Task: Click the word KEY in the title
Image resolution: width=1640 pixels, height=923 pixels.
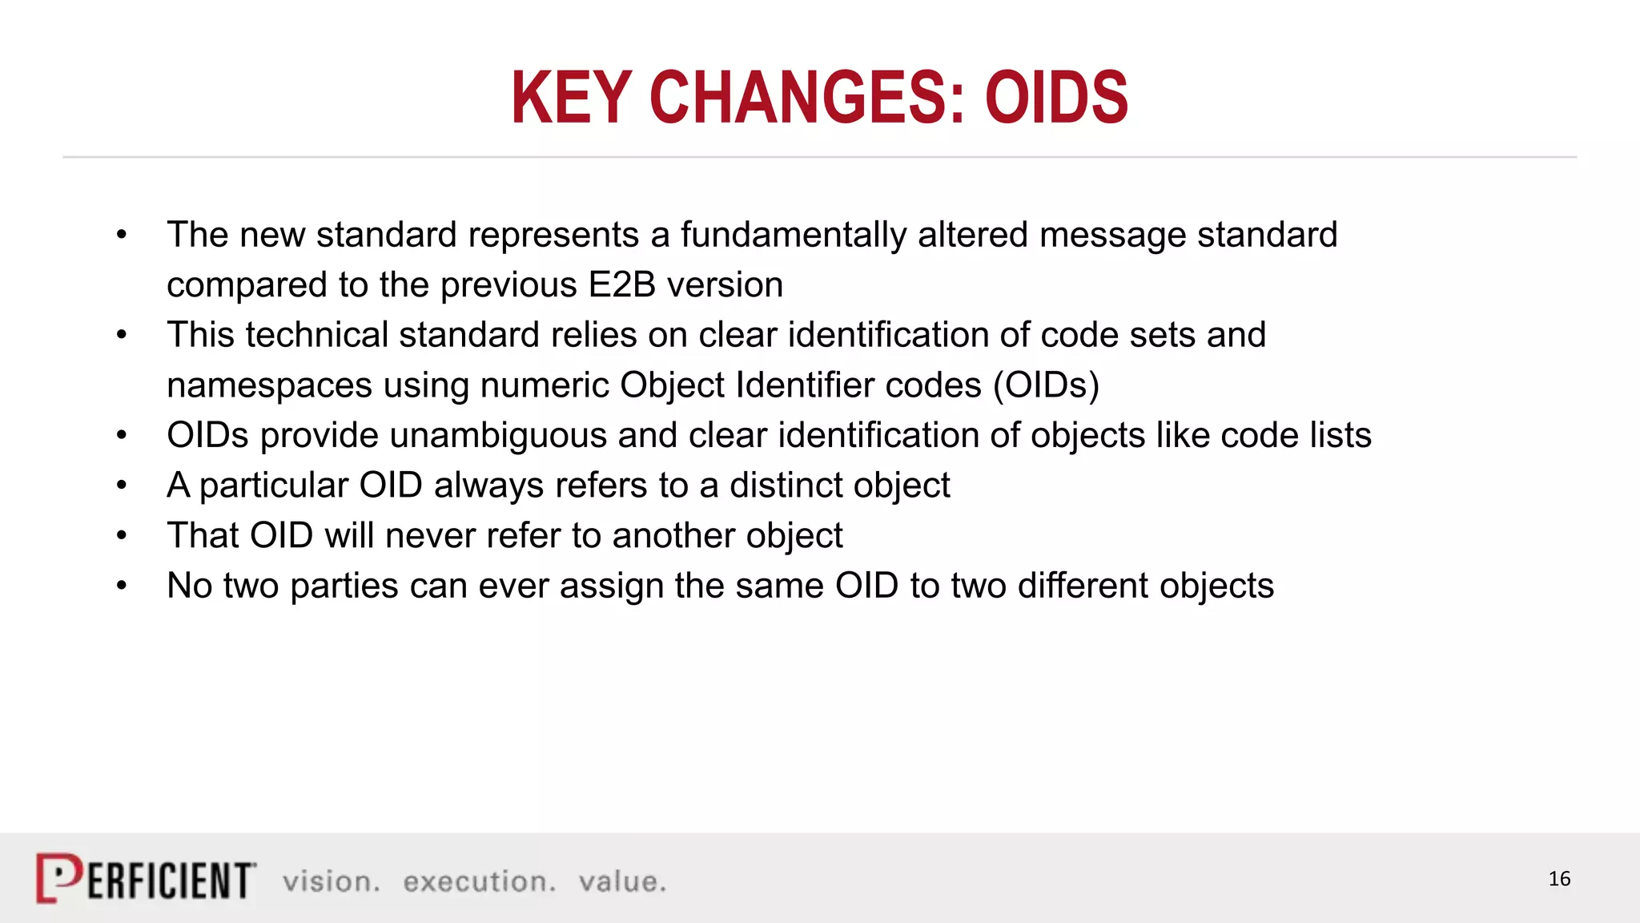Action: pyautogui.click(x=570, y=98)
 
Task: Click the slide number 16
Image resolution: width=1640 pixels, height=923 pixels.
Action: pyautogui.click(x=1558, y=879)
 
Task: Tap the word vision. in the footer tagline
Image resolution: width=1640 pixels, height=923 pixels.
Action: pyautogui.click(x=331, y=881)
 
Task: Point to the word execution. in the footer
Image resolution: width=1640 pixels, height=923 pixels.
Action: pyautogui.click(x=479, y=881)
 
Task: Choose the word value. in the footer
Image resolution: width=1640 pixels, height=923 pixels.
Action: pyautogui.click(x=622, y=881)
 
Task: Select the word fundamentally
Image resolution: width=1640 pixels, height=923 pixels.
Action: pyautogui.click(x=793, y=236)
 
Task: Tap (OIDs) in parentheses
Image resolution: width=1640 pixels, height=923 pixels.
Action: pyautogui.click(x=1046, y=385)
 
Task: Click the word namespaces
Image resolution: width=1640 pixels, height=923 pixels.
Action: pyautogui.click(x=269, y=385)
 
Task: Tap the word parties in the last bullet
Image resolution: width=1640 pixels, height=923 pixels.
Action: pyautogui.click(x=344, y=586)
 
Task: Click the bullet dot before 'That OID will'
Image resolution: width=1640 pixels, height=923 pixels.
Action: pyautogui.click(x=122, y=535)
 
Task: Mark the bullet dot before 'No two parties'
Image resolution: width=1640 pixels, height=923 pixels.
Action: pyautogui.click(x=122, y=586)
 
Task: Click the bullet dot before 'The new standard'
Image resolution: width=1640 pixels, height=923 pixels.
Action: pyautogui.click(x=122, y=235)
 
